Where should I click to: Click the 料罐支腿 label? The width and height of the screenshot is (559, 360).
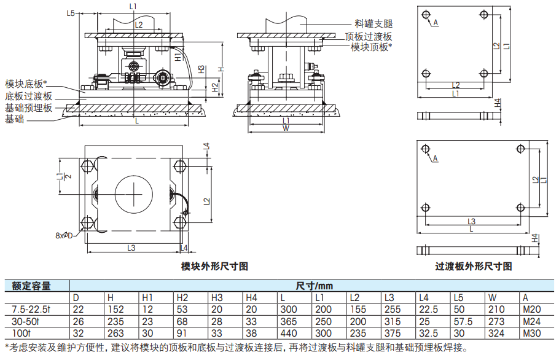click(373, 24)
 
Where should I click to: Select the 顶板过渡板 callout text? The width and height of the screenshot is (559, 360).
click(369, 36)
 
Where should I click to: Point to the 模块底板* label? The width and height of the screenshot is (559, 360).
click(26, 84)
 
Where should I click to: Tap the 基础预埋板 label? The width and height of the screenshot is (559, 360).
click(28, 108)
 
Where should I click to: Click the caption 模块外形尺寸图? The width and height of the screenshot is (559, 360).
click(214, 266)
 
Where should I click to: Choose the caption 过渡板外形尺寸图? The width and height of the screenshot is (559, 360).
click(474, 266)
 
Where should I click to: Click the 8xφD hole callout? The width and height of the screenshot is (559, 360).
click(64, 236)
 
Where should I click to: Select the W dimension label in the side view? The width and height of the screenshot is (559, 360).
click(286, 128)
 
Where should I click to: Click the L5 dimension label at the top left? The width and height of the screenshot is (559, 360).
click(71, 13)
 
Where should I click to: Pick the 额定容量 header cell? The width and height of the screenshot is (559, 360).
click(31, 286)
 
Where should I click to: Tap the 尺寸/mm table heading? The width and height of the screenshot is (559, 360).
click(314, 286)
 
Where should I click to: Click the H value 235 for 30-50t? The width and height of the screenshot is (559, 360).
click(115, 321)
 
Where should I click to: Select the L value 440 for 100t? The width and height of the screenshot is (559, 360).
click(289, 333)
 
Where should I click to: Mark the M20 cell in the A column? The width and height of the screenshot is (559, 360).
click(531, 310)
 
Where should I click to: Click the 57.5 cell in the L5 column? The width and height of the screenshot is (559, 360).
click(463, 321)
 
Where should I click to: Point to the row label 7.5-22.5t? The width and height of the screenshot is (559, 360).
click(31, 310)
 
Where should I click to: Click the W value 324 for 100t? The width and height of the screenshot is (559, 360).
click(496, 333)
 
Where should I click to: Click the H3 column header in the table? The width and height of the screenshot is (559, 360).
click(217, 297)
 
